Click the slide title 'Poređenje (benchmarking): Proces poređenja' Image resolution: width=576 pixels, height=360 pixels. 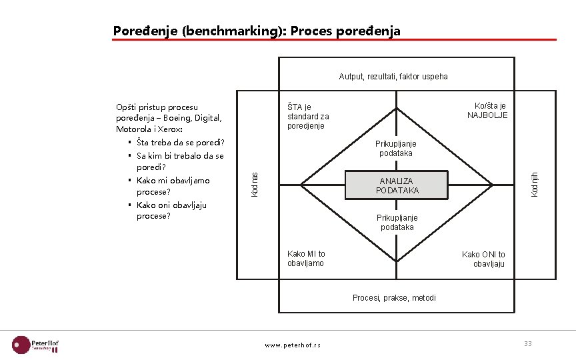pos(257,31)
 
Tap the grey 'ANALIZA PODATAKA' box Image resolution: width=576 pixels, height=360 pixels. pos(397,185)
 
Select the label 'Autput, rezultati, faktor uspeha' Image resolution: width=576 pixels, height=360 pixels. pos(393,76)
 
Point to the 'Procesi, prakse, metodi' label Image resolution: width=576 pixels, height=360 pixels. pos(394,297)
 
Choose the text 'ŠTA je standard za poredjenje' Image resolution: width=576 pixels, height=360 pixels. pos(308,116)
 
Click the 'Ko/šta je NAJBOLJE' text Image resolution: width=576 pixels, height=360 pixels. pos(487,111)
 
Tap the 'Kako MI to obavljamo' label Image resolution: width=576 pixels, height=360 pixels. pos(306,259)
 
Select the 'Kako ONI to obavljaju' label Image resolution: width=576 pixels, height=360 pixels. pos(484,259)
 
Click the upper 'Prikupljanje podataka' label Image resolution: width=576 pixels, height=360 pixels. pos(396,149)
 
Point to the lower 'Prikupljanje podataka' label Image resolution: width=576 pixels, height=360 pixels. pos(397,223)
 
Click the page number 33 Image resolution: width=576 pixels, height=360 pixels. pos(527,343)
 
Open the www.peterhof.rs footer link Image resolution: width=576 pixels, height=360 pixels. pos(293,345)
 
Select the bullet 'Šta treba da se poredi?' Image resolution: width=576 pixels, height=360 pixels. pos(180,142)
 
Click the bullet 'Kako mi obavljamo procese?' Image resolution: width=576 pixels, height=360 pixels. pos(173,186)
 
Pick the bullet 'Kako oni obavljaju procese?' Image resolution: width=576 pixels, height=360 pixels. pos(173,211)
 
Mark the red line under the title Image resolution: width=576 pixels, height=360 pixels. pos(334,40)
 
